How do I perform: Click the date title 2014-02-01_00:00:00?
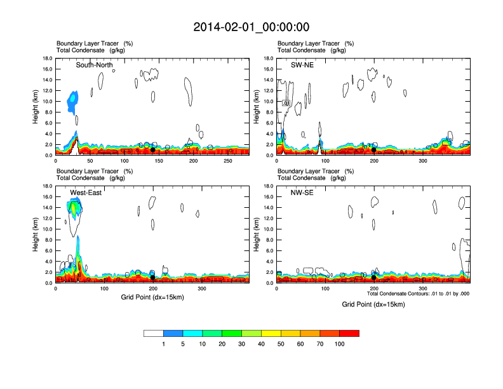251,27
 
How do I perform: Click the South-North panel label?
96,65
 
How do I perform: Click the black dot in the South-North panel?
152,150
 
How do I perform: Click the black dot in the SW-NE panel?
373,150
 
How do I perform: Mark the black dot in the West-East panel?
153,277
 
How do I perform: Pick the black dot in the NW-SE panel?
373,277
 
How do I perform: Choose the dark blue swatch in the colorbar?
173,333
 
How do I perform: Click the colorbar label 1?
164,344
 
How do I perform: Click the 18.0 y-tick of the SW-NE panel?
269,58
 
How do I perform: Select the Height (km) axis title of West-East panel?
37,235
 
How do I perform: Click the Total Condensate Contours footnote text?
418,294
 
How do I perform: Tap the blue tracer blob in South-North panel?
73,100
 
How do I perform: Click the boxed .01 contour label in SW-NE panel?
286,102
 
